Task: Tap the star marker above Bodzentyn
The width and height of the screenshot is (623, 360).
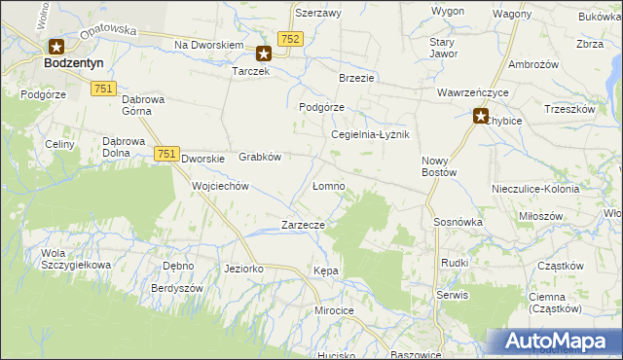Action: click(56, 46)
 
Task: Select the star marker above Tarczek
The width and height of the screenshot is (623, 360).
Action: click(263, 54)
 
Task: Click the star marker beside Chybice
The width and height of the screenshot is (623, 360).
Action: click(481, 118)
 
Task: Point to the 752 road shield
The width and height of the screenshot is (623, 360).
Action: click(289, 38)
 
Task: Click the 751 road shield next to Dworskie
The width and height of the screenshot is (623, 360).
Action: click(166, 154)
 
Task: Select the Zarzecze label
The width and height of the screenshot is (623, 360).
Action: click(302, 225)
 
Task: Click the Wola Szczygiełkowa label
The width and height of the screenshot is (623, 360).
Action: click(75, 260)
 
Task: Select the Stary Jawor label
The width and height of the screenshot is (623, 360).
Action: click(444, 48)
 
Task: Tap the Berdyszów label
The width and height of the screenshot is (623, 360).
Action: click(176, 289)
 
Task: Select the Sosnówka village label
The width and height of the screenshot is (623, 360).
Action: click(459, 222)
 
